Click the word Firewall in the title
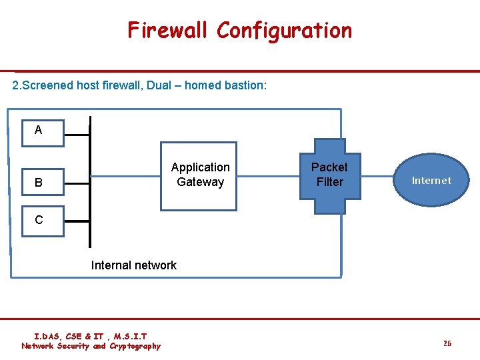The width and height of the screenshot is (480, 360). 169,30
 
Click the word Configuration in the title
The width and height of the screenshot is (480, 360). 285,30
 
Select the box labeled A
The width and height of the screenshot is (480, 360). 38,130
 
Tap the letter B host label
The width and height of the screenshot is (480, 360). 38,182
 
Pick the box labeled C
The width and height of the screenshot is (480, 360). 38,220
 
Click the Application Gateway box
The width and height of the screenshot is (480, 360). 199,176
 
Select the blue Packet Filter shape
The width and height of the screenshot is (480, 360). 329,176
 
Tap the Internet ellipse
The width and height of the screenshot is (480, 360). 431,180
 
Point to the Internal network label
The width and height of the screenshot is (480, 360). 133,265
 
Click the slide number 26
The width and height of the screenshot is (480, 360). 447,343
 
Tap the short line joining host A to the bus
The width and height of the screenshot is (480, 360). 77,134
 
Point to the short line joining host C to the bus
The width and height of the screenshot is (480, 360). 77,220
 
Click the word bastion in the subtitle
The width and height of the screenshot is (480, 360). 246,85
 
